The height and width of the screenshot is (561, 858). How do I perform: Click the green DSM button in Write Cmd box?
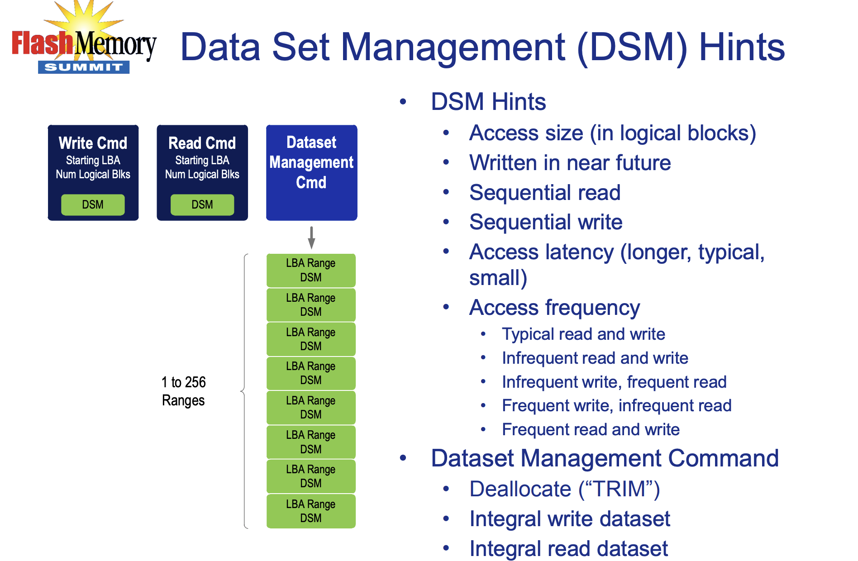point(93,204)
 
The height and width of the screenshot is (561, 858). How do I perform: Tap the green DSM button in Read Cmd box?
point(202,204)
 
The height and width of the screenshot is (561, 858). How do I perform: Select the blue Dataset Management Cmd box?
point(312,173)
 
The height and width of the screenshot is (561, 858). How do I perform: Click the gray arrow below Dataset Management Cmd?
point(311,238)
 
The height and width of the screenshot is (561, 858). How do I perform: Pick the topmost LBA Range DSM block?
point(311,270)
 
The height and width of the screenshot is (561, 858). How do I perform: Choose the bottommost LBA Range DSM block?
point(311,511)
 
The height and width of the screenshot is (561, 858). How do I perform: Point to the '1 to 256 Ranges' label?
point(184,391)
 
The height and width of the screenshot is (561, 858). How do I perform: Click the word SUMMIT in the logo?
point(84,67)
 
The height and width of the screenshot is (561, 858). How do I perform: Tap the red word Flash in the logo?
point(42,43)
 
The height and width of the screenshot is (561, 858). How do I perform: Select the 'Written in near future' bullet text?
point(570,163)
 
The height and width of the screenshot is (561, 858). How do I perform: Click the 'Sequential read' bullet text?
point(545,193)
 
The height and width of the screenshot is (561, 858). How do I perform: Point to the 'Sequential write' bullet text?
point(546,222)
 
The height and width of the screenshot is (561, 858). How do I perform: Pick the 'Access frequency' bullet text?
point(555,308)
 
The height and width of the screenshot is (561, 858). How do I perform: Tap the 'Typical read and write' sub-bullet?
point(584,334)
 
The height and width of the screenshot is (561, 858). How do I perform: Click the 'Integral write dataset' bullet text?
point(570,519)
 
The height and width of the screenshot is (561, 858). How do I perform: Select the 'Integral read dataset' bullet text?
point(569,549)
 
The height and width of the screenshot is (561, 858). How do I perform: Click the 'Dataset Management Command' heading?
point(605,458)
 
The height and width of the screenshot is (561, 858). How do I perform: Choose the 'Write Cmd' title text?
point(93,143)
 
